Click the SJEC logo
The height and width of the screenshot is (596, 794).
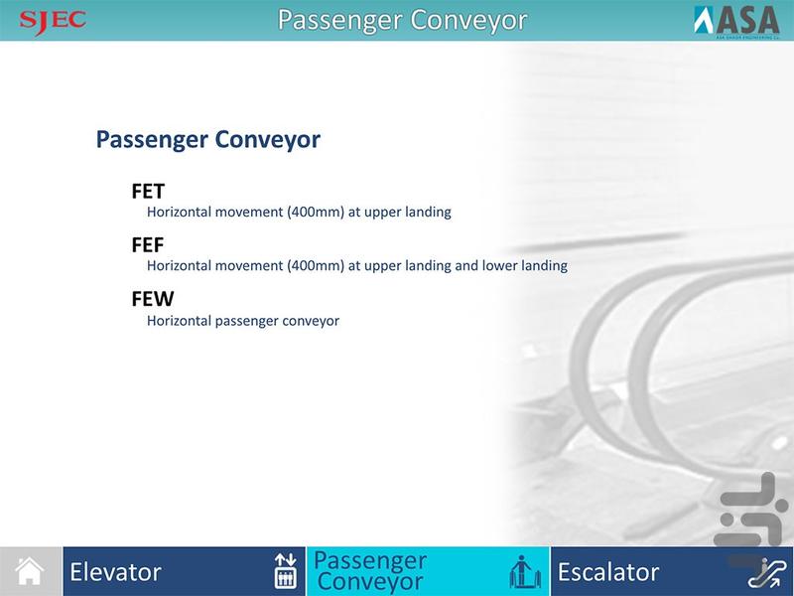point(53,19)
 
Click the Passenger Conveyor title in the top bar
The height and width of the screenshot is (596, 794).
point(401,20)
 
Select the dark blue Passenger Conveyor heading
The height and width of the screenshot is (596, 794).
point(207,140)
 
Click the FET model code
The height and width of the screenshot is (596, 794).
point(148,191)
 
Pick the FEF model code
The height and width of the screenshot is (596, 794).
point(148,244)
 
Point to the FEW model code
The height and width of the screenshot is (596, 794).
point(152,299)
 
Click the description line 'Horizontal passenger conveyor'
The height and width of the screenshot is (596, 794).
point(243,321)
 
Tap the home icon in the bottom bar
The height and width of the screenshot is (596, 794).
point(31,571)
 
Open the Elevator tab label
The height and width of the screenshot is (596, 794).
point(115,572)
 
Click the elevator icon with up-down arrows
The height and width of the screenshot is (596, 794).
point(285,571)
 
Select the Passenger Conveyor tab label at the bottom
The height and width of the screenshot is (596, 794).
point(370,571)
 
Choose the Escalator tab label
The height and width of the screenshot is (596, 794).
point(608,572)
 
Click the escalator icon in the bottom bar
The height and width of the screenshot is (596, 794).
point(766,572)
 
